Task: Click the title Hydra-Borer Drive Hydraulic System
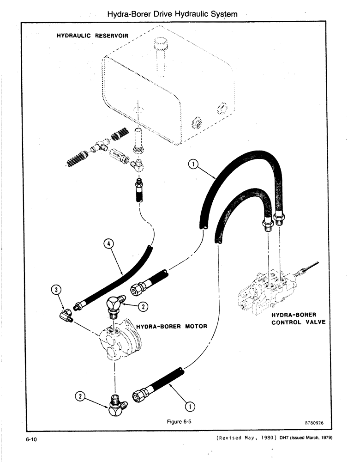tap(172, 14)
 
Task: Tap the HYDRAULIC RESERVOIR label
tap(92, 35)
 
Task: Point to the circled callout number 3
tap(55, 290)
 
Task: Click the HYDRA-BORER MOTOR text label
tap(172, 326)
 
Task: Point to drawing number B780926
tap(314, 422)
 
